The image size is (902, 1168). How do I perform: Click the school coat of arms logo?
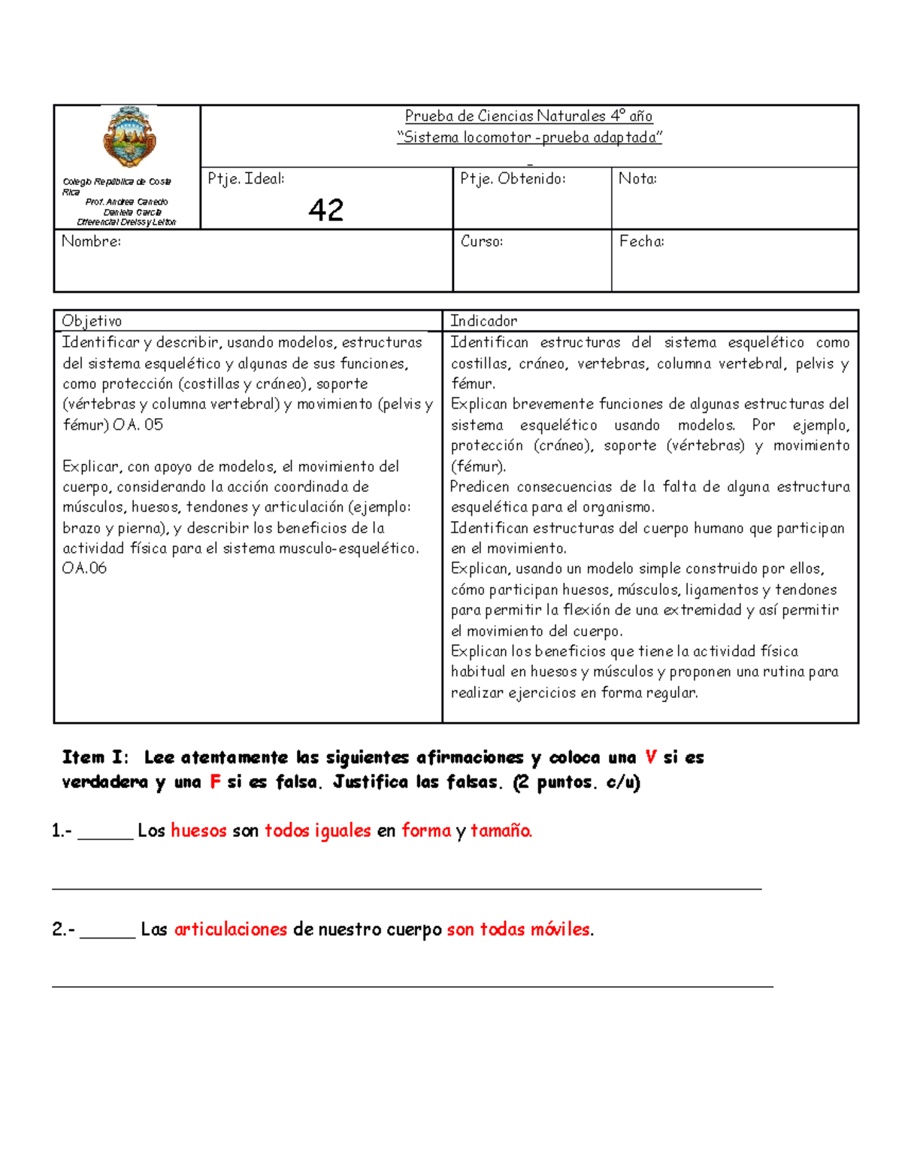129,137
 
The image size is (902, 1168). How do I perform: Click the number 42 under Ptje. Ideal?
325,210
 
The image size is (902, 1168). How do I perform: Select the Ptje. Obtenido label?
513,179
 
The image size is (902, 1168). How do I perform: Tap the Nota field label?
637,179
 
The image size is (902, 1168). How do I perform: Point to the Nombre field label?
91,241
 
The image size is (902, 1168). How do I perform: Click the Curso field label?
482,241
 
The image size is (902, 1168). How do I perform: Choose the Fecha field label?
641,241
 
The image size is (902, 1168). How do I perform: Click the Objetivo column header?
92,321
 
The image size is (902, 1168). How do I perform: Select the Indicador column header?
483,321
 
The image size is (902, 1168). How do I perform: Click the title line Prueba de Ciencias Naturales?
528,116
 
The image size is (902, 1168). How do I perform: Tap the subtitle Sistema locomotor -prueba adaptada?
529,137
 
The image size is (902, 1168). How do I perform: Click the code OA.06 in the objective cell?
84,569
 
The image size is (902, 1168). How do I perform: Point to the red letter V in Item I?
651,757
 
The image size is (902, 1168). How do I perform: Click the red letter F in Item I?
215,782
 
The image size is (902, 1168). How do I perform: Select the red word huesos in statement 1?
198,831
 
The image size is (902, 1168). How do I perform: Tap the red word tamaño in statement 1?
501,831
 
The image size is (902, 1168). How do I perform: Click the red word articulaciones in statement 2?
231,930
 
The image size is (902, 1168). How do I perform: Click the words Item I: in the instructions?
95,757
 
